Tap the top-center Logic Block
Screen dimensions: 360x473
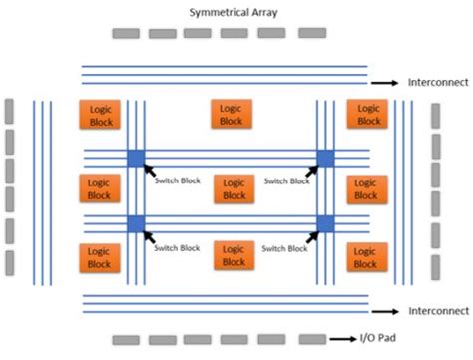tap(232, 114)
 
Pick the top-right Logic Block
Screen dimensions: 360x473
tap(367, 114)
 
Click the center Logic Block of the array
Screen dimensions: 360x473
tap(233, 188)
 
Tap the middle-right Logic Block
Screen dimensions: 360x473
tap(367, 188)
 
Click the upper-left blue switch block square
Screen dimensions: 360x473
tap(136, 158)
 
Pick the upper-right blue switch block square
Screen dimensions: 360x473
tap(325, 158)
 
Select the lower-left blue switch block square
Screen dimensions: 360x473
tap(136, 222)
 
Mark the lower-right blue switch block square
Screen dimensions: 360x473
tap(325, 222)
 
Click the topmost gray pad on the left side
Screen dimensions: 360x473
tap(9, 109)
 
